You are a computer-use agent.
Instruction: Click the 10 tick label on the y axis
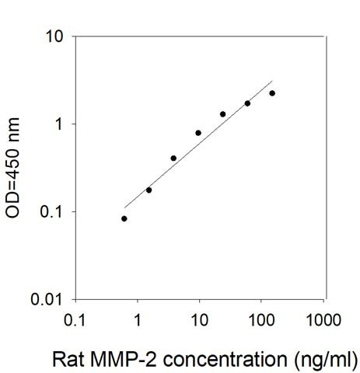[54, 37]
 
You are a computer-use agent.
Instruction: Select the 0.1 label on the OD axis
[51, 212]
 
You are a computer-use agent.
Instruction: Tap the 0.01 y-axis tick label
[47, 299]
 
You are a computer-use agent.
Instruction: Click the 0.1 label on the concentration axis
[75, 320]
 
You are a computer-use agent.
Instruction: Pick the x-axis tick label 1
[138, 320]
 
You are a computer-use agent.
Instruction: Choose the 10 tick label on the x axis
[200, 320]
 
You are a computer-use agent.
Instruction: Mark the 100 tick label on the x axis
[261, 320]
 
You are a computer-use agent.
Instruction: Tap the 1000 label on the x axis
[323, 320]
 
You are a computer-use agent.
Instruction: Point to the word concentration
[225, 360]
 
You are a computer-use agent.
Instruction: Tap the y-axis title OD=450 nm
[12, 168]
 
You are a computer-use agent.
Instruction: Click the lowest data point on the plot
[124, 218]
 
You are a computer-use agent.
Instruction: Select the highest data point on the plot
[272, 93]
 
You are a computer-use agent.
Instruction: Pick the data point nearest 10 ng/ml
[198, 133]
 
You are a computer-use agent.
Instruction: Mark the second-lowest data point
[149, 190]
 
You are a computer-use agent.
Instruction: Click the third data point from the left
[173, 159]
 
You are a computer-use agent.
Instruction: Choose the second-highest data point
[247, 103]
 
